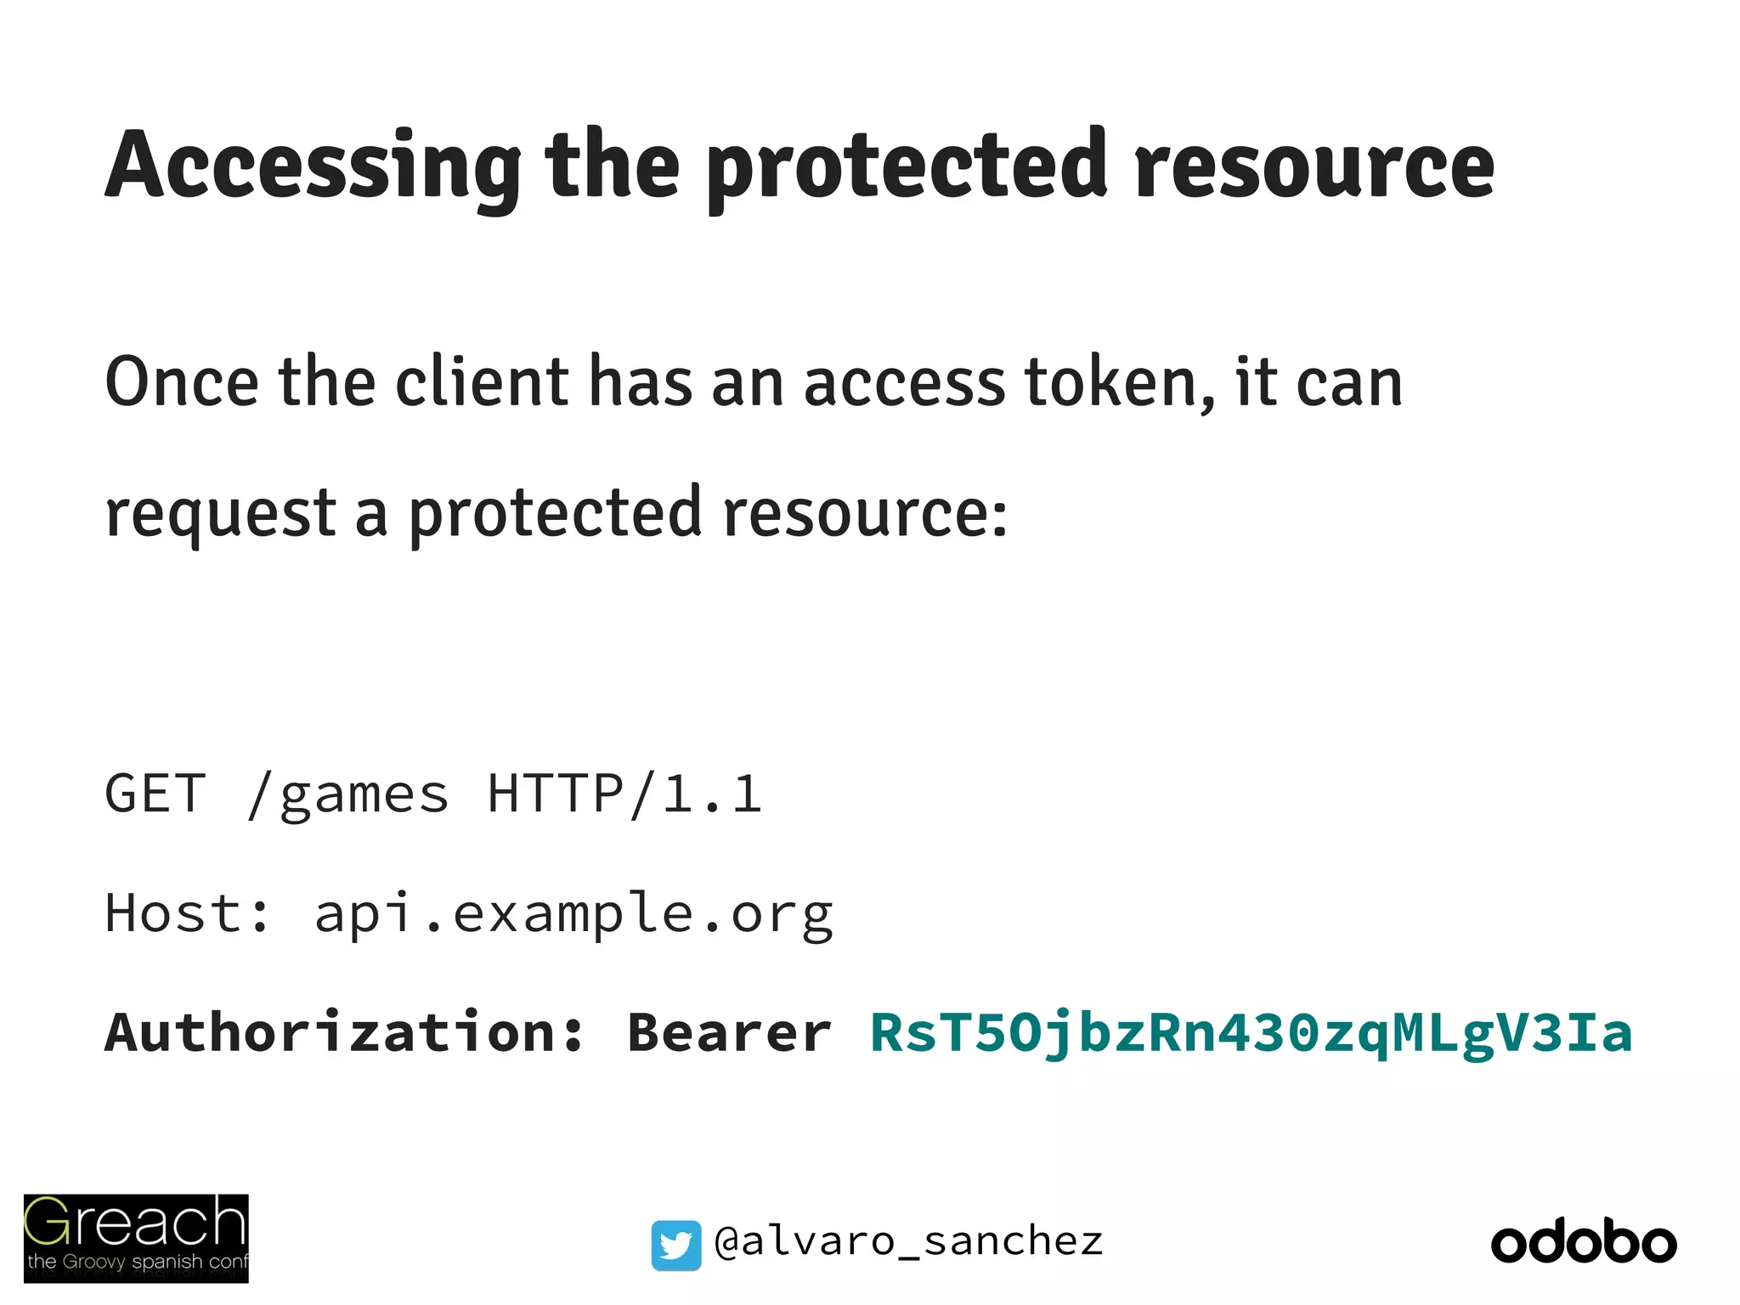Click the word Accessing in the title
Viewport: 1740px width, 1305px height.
pos(313,166)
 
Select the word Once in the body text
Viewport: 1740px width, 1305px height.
pos(181,382)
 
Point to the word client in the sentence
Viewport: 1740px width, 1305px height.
pos(482,382)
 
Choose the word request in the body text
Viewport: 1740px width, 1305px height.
pos(221,514)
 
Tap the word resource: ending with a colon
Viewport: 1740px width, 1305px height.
pos(865,514)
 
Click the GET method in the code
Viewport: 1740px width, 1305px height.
pos(155,794)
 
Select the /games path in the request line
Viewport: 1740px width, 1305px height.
pos(347,795)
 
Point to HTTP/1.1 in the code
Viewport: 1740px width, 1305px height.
pos(624,794)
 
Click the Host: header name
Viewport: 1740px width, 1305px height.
pos(188,913)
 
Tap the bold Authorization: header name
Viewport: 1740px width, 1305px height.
pos(344,1033)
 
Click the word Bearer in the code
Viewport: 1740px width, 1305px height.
pos(729,1033)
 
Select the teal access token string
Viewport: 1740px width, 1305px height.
pos(1251,1033)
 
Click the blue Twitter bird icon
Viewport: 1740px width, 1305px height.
pos(676,1245)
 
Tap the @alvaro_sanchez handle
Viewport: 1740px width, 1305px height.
pos(908,1242)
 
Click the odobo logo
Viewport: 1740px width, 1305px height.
pos(1584,1243)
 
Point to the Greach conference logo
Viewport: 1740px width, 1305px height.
pos(136,1238)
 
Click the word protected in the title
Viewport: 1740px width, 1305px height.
pos(907,166)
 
